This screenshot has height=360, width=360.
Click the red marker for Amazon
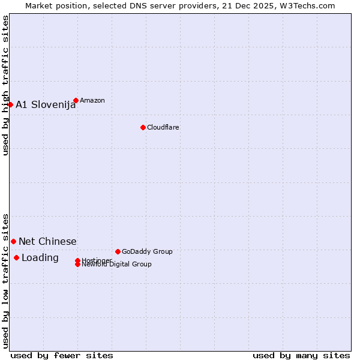pos(76,100)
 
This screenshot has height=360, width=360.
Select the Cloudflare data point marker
pos(143,127)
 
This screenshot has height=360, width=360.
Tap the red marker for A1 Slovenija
pos(10,104)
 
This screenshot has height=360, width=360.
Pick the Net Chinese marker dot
pos(13,241)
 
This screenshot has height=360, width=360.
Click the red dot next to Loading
pos(16,257)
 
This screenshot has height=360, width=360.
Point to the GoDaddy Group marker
pos(118,251)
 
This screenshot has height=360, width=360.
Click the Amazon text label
pos(92,100)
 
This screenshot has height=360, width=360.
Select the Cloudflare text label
pos(163,127)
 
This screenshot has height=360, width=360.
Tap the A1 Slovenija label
pos(46,105)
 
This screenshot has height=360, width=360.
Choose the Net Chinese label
pos(47,242)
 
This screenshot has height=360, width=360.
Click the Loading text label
pos(40,258)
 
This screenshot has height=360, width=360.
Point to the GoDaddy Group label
pos(147,251)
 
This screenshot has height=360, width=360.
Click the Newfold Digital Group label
pos(116,265)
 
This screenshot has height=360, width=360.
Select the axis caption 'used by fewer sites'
pos(62,355)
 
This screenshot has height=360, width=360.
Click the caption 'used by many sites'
pos(301,355)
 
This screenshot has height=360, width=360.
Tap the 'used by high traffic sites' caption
pos(6,85)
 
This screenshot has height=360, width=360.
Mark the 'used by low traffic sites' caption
pos(6,280)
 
